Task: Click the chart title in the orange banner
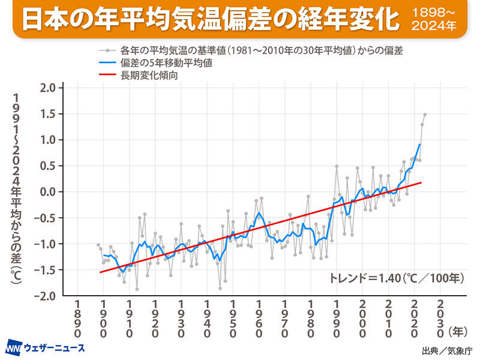pos(210,20)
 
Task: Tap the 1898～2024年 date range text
pos(434,20)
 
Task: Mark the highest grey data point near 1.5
pos(425,115)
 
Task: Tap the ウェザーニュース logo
pos(45,347)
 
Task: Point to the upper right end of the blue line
pos(419,145)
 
